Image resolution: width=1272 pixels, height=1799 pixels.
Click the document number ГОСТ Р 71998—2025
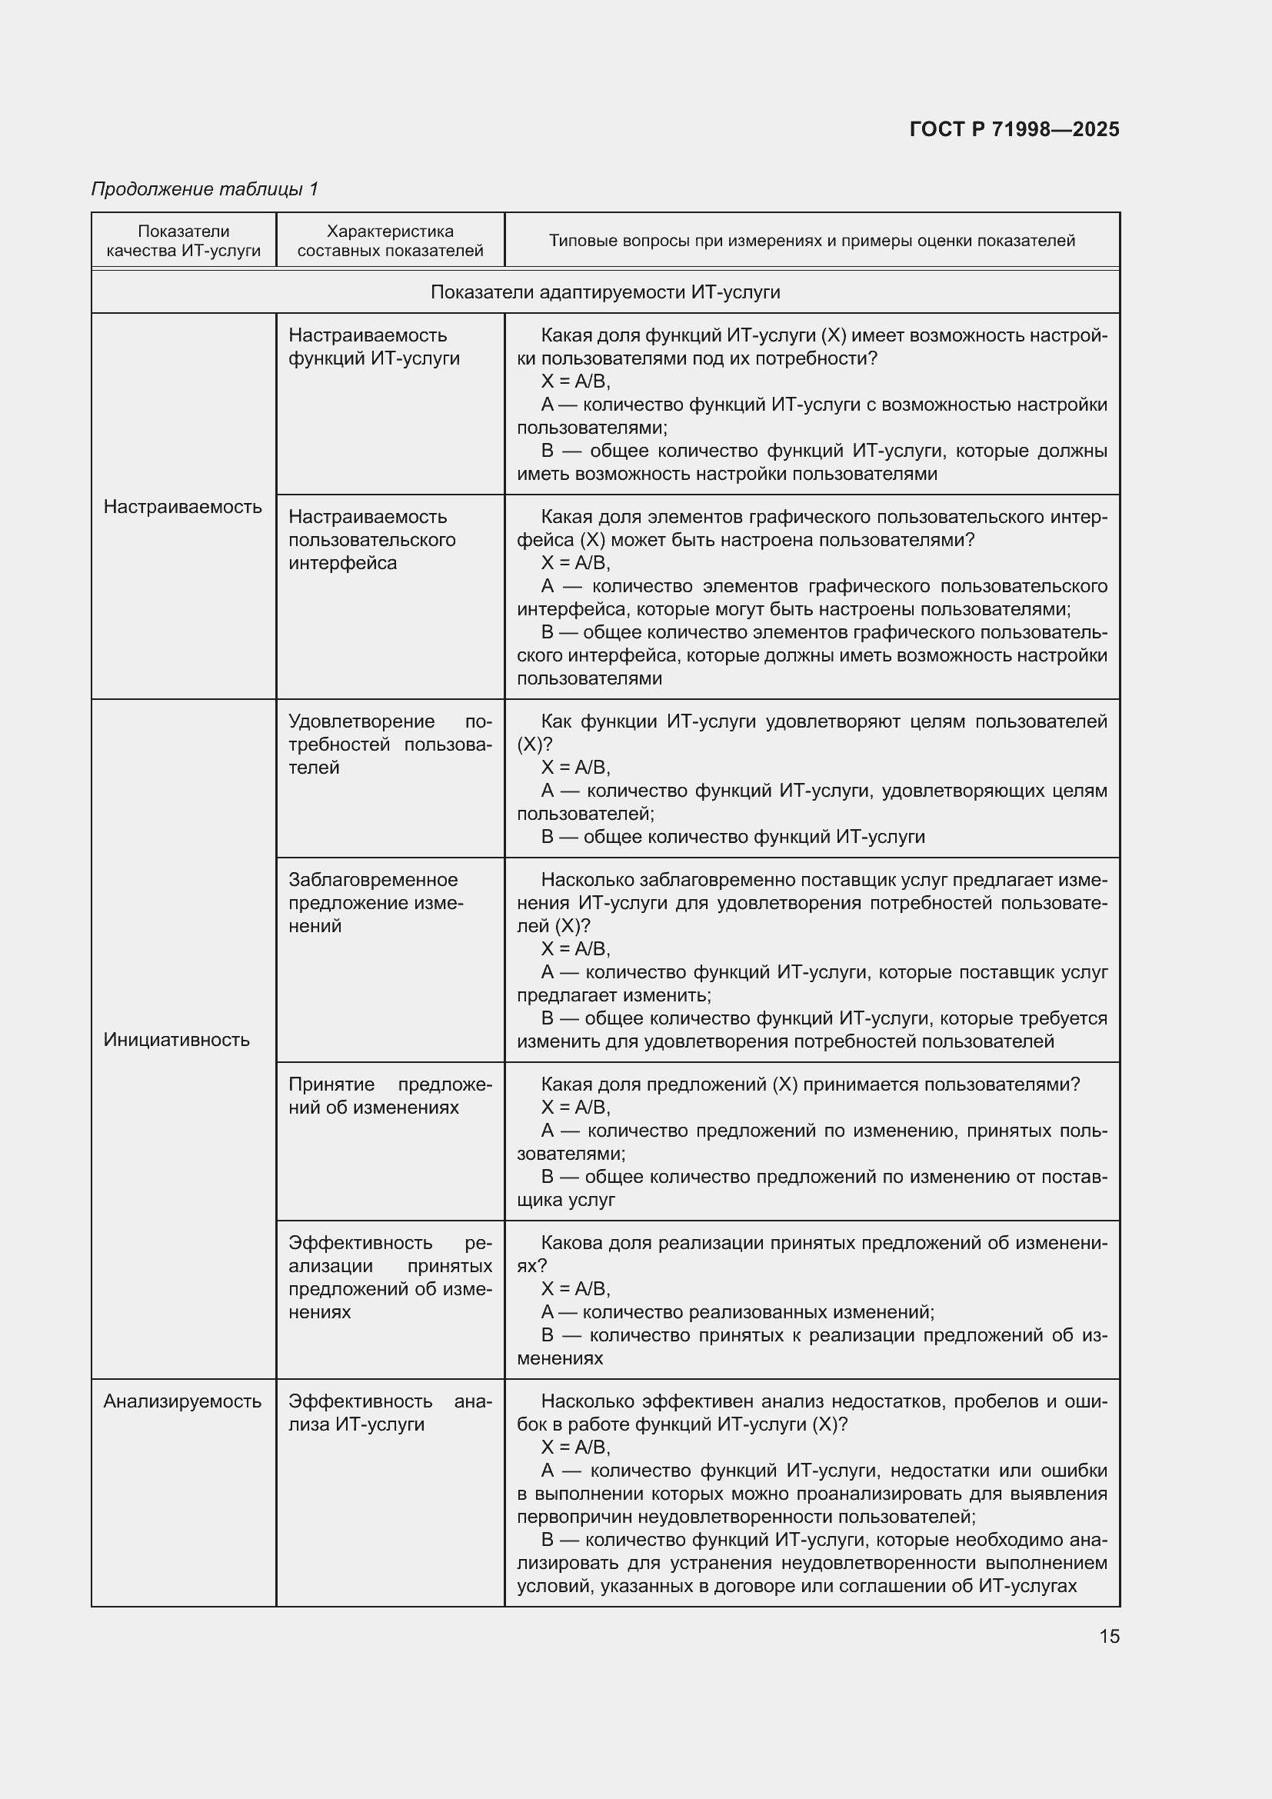point(1014,129)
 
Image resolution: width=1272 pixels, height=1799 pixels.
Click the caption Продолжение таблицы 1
point(205,189)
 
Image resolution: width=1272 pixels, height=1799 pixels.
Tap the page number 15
point(1109,1636)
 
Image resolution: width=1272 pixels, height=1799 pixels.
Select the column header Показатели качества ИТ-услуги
point(183,241)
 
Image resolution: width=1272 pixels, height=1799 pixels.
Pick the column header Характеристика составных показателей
point(390,241)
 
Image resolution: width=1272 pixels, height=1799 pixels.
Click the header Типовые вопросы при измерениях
point(811,241)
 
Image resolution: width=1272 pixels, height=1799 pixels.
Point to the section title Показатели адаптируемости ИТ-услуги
point(604,292)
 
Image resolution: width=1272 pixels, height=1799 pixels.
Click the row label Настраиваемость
point(182,507)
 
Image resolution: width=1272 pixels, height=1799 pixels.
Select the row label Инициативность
point(176,1040)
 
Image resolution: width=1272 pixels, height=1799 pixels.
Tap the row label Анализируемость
point(182,1401)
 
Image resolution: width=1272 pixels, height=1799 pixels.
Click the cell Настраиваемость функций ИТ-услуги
point(374,346)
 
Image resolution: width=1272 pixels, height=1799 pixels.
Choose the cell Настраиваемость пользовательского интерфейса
point(372,540)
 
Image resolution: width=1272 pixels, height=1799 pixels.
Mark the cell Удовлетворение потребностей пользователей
point(390,745)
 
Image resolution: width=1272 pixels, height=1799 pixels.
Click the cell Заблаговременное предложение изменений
point(376,903)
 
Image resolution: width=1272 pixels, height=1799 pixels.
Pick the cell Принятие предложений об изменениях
point(390,1095)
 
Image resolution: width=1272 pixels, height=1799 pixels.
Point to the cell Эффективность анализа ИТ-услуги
point(390,1412)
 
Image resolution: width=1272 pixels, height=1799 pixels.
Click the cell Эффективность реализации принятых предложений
point(390,1278)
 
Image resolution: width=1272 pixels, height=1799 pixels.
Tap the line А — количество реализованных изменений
point(737,1311)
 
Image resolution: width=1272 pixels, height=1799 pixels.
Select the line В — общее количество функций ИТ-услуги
point(732,837)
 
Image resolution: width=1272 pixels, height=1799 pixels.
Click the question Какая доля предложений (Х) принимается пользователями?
point(810,1084)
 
